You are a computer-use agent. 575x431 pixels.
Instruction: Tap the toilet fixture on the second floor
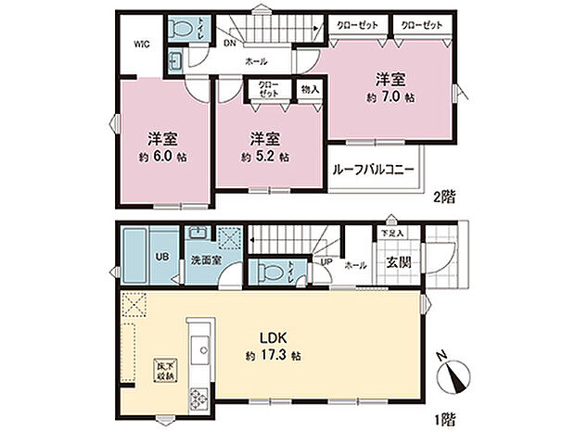click(180, 28)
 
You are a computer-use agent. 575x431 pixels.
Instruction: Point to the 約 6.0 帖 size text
click(163, 157)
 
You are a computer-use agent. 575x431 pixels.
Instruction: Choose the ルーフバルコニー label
click(375, 171)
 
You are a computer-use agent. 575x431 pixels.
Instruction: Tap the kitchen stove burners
click(198, 399)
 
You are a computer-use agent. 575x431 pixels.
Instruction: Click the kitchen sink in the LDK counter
click(198, 349)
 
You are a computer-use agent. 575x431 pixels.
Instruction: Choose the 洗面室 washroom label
click(206, 261)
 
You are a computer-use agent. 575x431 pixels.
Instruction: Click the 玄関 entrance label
click(399, 262)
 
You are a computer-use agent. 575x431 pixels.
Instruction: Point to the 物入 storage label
click(310, 89)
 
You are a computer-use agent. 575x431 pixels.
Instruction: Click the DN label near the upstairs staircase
click(228, 43)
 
